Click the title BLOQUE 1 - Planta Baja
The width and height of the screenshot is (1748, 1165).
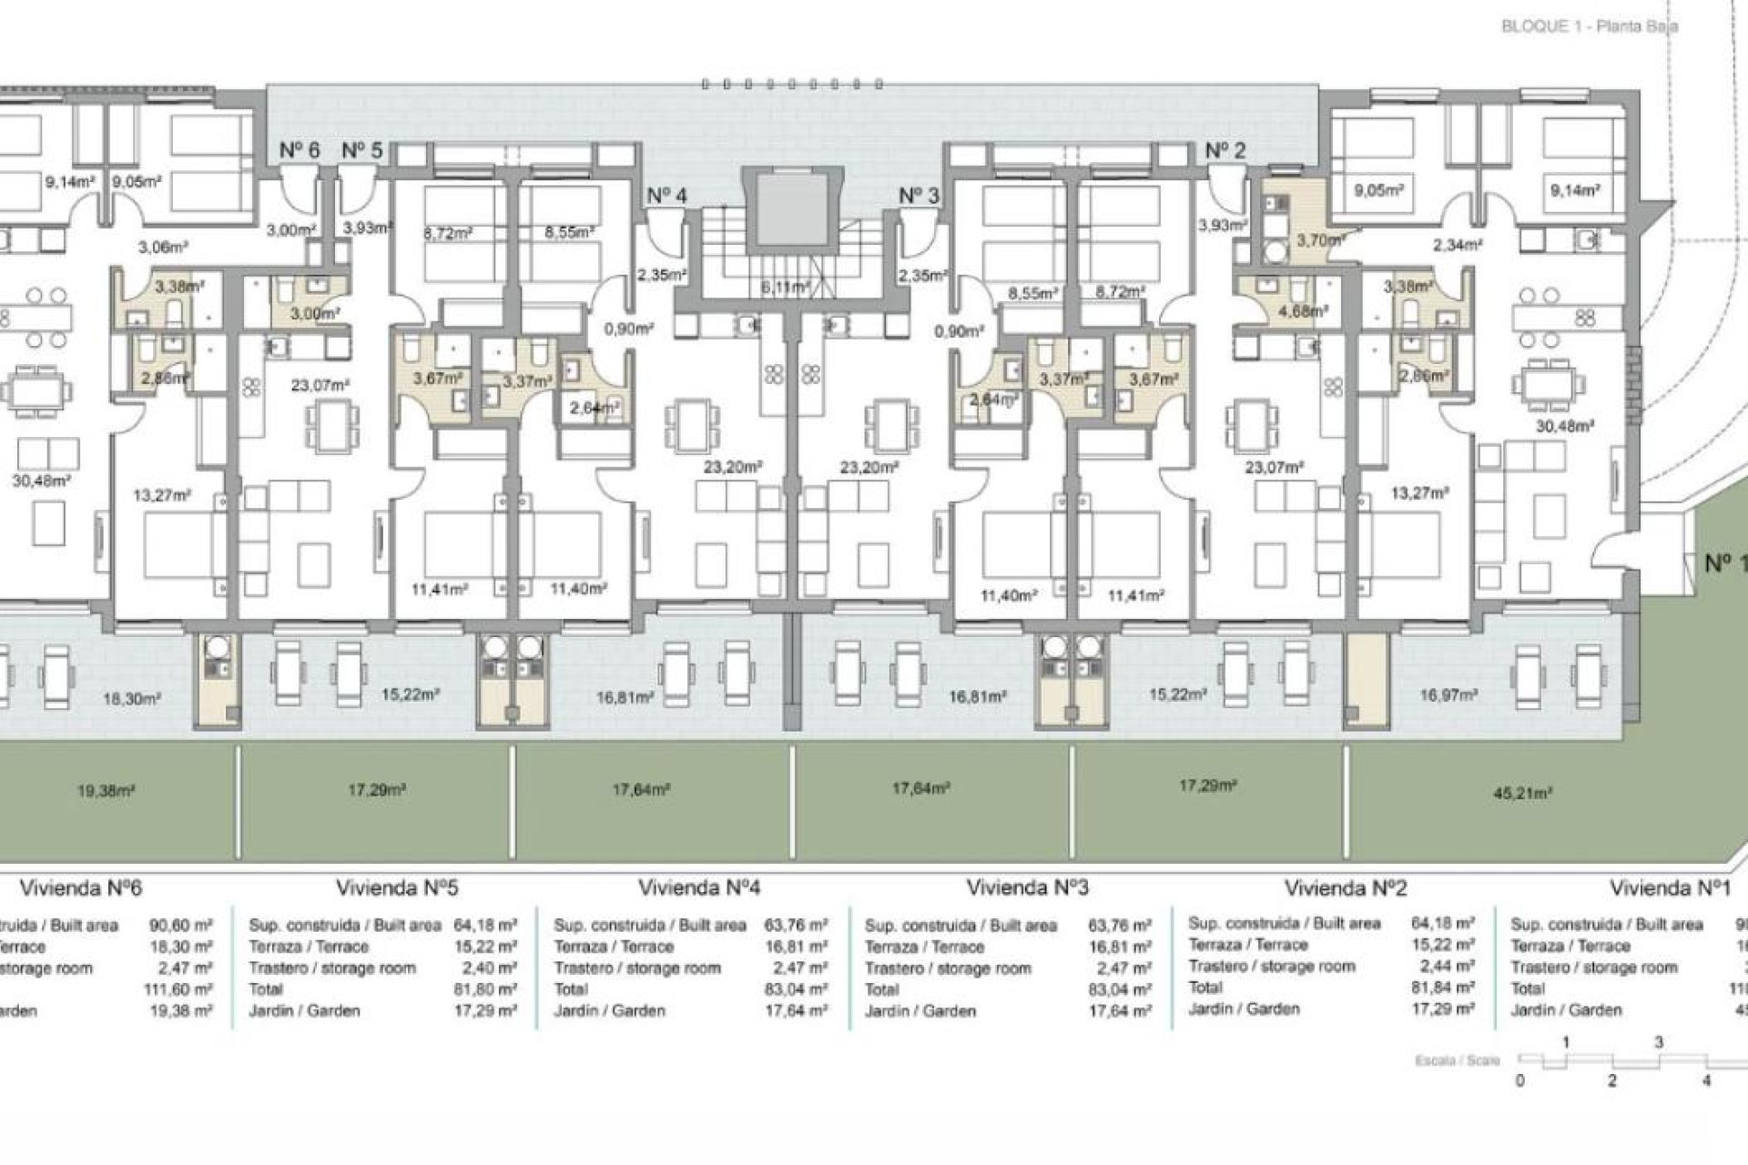pyautogui.click(x=1589, y=26)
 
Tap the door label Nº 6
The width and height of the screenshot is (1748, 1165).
pyautogui.click(x=299, y=150)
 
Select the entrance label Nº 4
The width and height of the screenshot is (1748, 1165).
pyautogui.click(x=666, y=196)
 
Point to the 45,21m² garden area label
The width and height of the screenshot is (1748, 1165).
pyautogui.click(x=1522, y=794)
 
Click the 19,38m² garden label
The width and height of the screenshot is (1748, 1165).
pyautogui.click(x=106, y=792)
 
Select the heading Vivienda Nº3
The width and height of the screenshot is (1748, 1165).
pyautogui.click(x=1027, y=887)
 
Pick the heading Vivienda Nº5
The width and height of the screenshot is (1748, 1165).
pyautogui.click(x=397, y=887)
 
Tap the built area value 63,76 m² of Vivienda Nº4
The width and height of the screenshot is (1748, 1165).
pyautogui.click(x=796, y=926)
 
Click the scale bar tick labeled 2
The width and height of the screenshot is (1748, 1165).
pyautogui.click(x=1611, y=1080)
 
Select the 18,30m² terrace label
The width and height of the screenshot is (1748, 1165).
pyautogui.click(x=131, y=699)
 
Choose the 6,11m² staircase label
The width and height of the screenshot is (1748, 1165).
pyautogui.click(x=786, y=287)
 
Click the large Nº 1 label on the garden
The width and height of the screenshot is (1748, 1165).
pyautogui.click(x=1724, y=564)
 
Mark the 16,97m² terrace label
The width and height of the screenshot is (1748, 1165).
pyautogui.click(x=1448, y=695)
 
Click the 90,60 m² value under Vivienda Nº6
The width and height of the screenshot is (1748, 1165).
pyautogui.click(x=180, y=926)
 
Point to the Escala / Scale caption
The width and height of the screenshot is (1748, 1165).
pyautogui.click(x=1457, y=1061)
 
